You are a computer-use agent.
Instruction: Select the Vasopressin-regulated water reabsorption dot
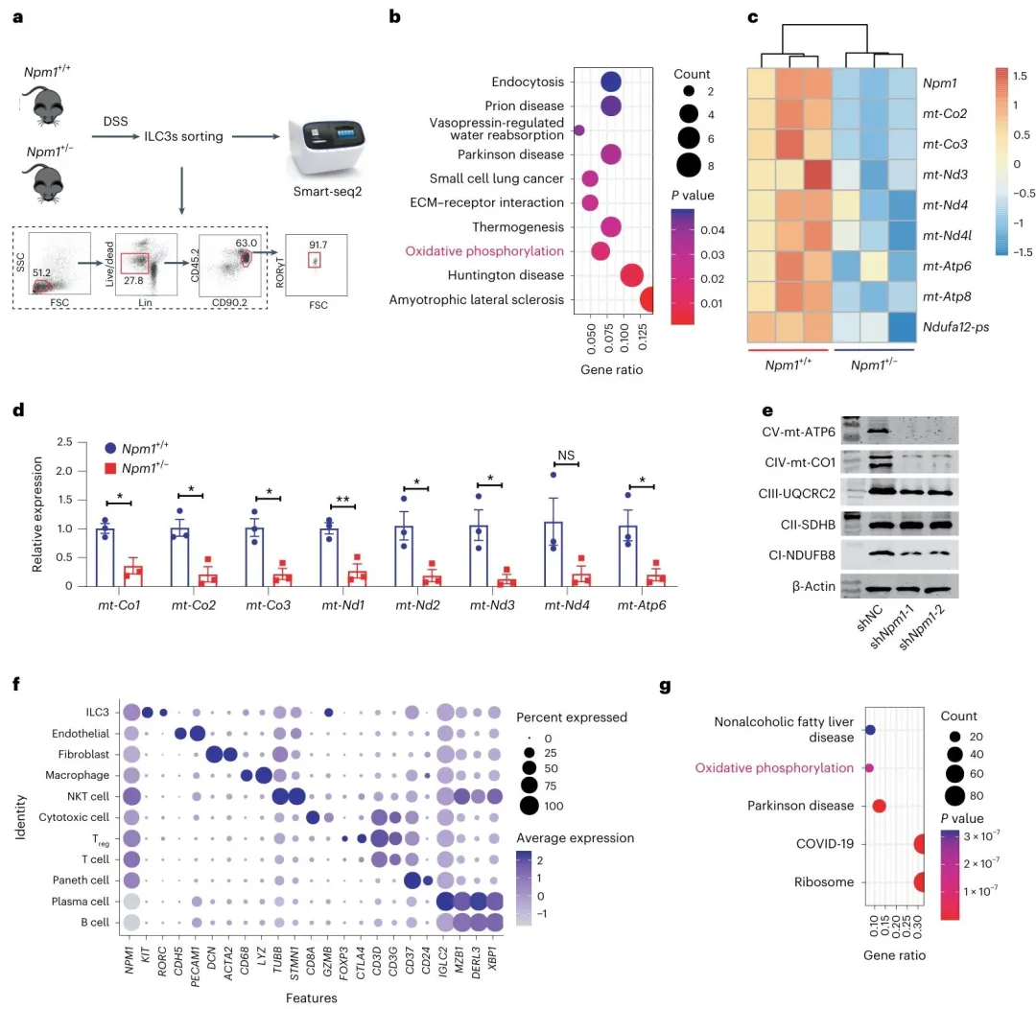pyautogui.click(x=578, y=130)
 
